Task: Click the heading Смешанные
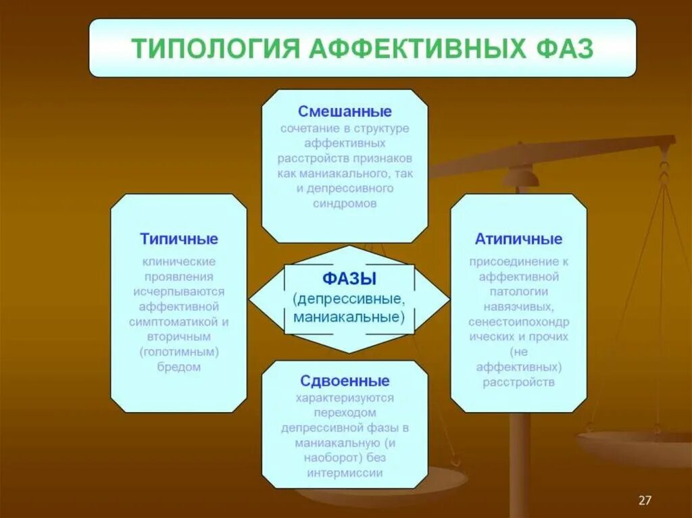coord(345,111)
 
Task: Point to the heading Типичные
coord(179,239)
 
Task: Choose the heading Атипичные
coord(518,239)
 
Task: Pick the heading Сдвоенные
coord(345,381)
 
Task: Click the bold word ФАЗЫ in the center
coord(349,278)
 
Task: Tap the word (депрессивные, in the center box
coord(349,298)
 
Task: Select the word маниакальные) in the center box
coord(349,316)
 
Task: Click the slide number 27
coord(645,500)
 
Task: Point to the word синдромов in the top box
coord(345,203)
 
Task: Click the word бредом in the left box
coord(179,367)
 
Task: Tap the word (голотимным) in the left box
coord(179,352)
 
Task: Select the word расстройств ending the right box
coord(518,382)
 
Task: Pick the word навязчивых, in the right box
coord(518,307)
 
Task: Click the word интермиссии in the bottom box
coord(345,473)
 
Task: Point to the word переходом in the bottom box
coord(345,412)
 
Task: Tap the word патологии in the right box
coord(518,292)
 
